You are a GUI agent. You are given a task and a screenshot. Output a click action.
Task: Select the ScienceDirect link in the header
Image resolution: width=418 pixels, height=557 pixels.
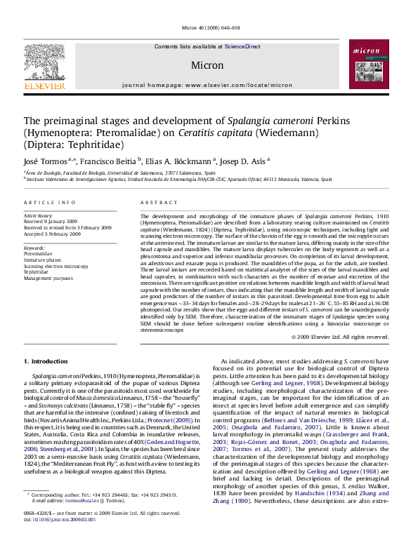242,46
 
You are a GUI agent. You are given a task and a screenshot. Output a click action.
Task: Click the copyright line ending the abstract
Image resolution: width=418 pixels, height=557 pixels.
340,337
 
